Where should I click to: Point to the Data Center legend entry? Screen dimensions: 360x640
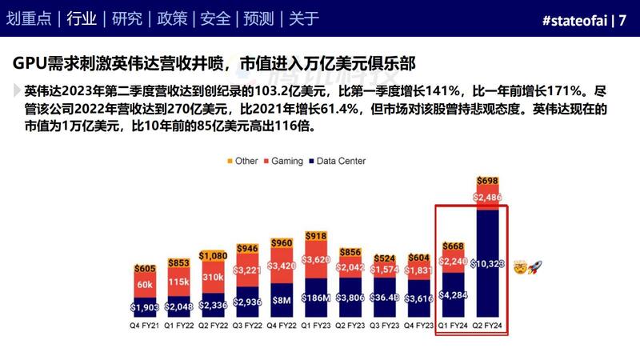pos(337,161)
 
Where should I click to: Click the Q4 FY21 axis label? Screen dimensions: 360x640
pos(145,326)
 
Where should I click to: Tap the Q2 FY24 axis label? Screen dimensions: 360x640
pos(488,326)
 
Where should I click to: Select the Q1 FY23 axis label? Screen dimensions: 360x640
pos(317,326)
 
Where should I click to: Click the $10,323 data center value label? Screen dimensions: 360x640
pos(488,263)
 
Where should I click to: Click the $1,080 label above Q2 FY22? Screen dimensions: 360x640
pos(214,256)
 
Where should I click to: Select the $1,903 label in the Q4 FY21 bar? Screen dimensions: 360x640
pos(145,307)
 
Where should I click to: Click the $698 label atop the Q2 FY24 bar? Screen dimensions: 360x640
pos(488,182)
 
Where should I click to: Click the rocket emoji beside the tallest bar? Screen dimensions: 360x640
pos(536,264)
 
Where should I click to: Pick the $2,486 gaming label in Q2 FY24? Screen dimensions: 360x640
pos(488,197)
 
